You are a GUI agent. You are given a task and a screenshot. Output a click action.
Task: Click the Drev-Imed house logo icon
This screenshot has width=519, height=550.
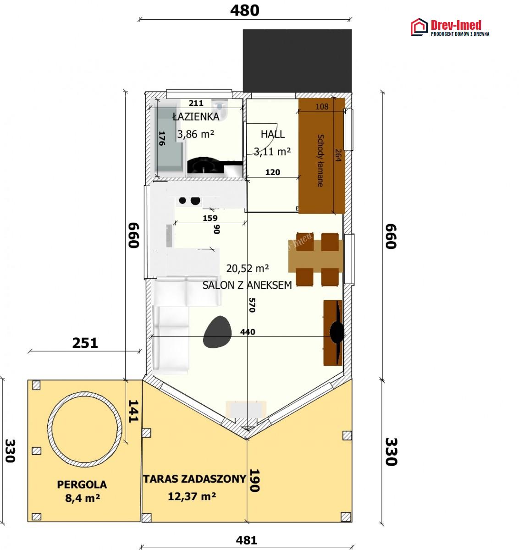pyautogui.click(x=419, y=27)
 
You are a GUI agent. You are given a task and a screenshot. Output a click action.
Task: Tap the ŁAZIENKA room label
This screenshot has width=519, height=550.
pyautogui.click(x=196, y=116)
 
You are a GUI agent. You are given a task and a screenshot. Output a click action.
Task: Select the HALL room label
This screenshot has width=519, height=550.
pyautogui.click(x=273, y=134)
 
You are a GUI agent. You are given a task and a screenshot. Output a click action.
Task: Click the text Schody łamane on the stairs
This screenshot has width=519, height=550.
pyautogui.click(x=320, y=160)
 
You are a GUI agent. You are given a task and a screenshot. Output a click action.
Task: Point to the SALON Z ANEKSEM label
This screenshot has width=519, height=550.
pyautogui.click(x=247, y=285)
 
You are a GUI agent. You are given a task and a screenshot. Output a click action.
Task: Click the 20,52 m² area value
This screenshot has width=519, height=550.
pyautogui.click(x=248, y=268)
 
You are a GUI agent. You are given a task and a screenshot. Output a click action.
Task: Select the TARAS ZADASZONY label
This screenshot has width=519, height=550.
pyautogui.click(x=195, y=479)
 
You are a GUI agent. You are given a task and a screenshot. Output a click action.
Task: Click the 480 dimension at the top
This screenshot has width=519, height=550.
pyautogui.click(x=245, y=11)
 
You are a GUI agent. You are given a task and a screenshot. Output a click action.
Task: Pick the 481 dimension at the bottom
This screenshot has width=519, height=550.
pyautogui.click(x=246, y=540)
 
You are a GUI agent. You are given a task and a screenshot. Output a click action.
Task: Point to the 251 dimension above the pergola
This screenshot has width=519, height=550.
pyautogui.click(x=85, y=343)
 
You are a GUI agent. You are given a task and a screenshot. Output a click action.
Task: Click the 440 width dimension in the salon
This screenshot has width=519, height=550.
pyautogui.click(x=248, y=332)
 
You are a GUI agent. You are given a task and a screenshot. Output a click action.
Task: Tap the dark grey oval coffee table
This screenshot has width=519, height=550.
pyautogui.click(x=217, y=332)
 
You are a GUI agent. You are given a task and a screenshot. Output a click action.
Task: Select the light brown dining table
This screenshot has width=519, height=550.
pyautogui.click(x=315, y=256)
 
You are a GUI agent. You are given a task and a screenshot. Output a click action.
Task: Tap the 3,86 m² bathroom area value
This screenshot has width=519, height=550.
pyautogui.click(x=196, y=135)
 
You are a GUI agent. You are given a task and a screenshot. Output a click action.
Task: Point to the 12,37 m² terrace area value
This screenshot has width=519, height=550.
pyautogui.click(x=192, y=496)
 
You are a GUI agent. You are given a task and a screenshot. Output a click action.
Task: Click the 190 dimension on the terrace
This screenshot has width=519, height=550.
pyautogui.click(x=254, y=480)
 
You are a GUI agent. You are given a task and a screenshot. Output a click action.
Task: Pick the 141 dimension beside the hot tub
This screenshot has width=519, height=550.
pyautogui.click(x=133, y=411)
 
